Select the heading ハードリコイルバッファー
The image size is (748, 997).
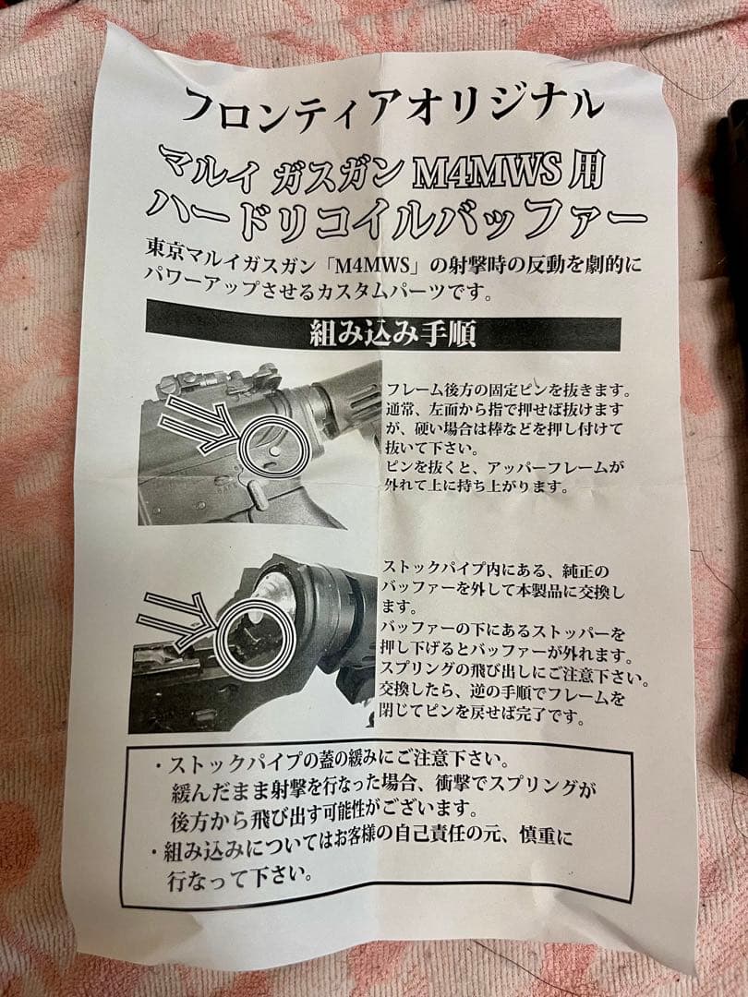(x=397, y=214)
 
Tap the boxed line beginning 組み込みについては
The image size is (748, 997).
(x=360, y=842)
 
